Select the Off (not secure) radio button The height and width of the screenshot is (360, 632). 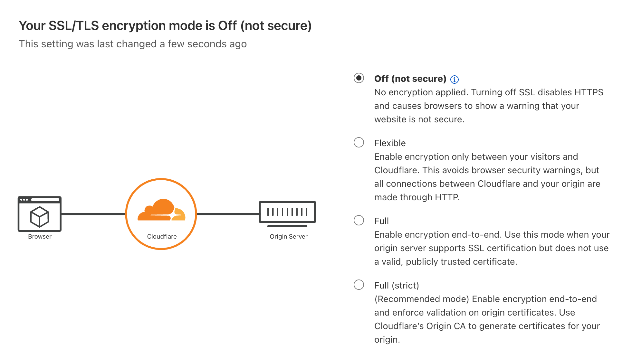[x=359, y=78]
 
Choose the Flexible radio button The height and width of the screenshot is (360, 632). [x=359, y=142]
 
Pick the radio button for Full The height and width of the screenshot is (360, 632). [x=359, y=220]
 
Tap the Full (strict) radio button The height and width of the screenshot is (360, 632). [x=359, y=285]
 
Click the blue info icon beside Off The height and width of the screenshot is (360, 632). [x=455, y=79]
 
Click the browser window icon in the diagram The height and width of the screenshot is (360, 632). [x=40, y=214]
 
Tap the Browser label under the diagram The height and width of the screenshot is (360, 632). [x=40, y=236]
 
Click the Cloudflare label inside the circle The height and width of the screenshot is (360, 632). [x=162, y=236]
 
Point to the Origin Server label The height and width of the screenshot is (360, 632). [x=289, y=236]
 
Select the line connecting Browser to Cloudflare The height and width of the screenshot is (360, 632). [x=93, y=214]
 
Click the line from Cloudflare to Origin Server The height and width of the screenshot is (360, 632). [x=228, y=214]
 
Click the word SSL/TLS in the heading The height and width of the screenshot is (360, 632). [x=74, y=26]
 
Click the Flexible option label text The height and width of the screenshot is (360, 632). [x=390, y=143]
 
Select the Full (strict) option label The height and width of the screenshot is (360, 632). [x=397, y=285]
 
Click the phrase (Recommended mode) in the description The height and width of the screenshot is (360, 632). [x=422, y=299]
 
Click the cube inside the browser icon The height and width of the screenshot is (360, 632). [x=40, y=217]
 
